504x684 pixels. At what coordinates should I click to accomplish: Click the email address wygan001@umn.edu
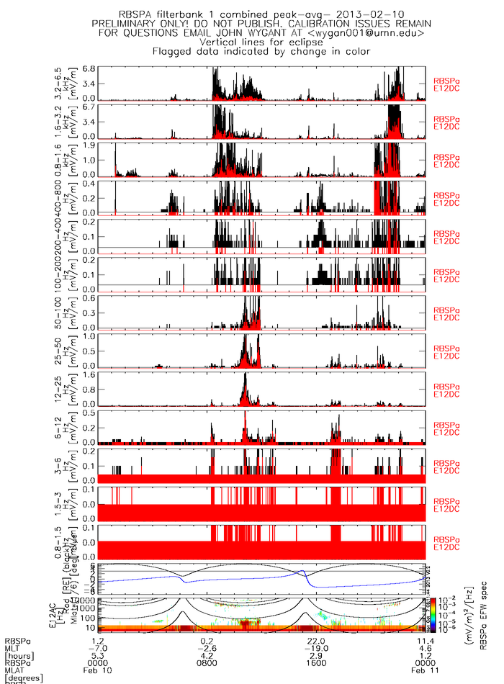[x=373, y=33]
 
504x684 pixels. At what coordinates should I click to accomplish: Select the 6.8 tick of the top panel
[x=89, y=69]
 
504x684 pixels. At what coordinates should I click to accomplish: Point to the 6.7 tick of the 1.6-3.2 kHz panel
[x=89, y=107]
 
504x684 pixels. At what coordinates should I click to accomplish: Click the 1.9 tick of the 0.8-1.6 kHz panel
[x=89, y=145]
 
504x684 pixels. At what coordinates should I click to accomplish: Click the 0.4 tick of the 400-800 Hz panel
[x=89, y=183]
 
